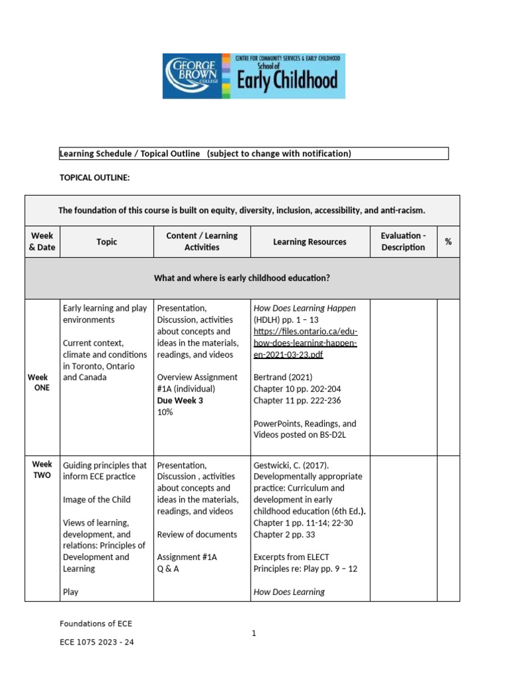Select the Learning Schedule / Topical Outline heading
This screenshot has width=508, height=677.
pyautogui.click(x=205, y=153)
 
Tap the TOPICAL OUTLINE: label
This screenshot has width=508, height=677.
pyautogui.click(x=95, y=179)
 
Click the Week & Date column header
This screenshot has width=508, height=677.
pyautogui.click(x=42, y=241)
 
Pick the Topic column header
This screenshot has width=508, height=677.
pyautogui.click(x=106, y=242)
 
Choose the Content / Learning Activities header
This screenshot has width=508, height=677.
pyautogui.click(x=202, y=241)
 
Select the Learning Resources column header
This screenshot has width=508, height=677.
pyautogui.click(x=310, y=242)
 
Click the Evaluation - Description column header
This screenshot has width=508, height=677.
pyautogui.click(x=403, y=241)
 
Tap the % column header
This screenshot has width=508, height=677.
pyautogui.click(x=448, y=242)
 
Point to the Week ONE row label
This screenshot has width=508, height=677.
pyautogui.click(x=42, y=382)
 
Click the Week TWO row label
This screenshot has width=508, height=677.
pyautogui.click(x=42, y=470)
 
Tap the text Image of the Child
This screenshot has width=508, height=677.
pyautogui.click(x=97, y=500)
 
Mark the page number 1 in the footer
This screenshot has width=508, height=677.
pyautogui.click(x=253, y=633)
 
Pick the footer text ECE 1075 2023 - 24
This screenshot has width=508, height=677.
pyautogui.click(x=97, y=641)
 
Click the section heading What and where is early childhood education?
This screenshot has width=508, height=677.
pyautogui.click(x=241, y=278)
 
